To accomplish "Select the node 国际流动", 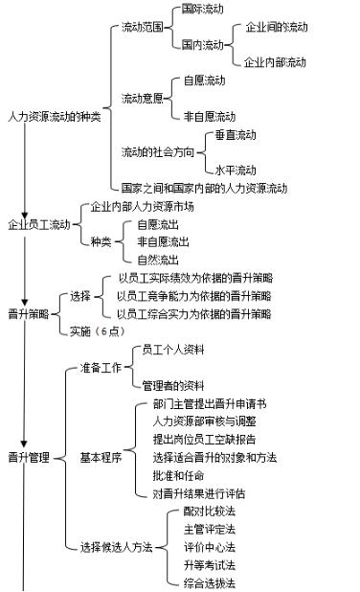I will (202, 10).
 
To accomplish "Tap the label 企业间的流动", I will (277, 27).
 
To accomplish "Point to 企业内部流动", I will (275, 62).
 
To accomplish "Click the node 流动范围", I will (141, 27).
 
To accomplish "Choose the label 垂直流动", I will (235, 134).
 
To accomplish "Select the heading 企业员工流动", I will (38, 224).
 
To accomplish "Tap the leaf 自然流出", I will (158, 259).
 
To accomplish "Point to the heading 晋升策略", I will (28, 313).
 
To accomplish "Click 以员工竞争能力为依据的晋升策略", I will (194, 295).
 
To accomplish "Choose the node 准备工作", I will (99, 367).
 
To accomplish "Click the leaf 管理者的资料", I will (172, 385).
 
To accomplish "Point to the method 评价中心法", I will (208, 547).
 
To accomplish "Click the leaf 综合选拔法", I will (208, 582).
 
